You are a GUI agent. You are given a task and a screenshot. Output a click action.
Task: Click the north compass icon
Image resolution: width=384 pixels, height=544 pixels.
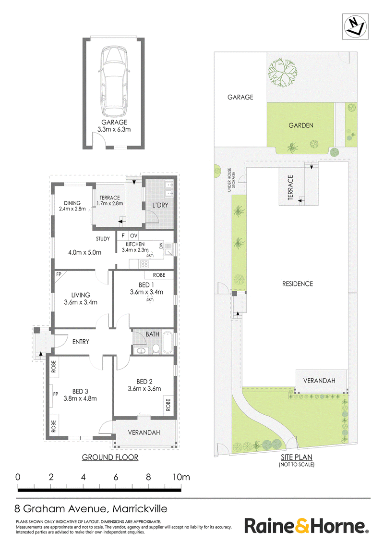[355, 27]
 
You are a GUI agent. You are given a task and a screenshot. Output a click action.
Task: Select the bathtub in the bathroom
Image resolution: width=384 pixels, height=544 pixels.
[168, 343]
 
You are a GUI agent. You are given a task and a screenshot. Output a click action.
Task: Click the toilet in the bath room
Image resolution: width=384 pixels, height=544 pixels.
[156, 349]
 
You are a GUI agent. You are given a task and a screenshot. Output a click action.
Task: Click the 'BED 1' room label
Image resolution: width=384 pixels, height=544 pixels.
[146, 285]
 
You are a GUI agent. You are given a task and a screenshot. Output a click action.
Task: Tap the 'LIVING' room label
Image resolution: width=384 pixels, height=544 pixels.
[81, 295]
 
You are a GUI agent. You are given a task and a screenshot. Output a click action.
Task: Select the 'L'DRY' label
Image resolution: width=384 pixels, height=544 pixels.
[160, 205]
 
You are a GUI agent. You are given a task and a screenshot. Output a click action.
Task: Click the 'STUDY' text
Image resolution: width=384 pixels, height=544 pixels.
[103, 239]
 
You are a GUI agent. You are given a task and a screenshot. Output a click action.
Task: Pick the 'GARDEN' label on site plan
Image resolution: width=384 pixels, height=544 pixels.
[301, 125]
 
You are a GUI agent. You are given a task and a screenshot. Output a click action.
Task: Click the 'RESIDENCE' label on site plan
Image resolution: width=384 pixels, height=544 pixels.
[297, 284]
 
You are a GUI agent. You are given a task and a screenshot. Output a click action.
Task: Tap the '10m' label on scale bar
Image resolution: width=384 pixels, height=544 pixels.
[181, 477]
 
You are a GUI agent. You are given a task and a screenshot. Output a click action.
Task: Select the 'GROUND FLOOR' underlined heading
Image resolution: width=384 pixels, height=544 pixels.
[110, 457]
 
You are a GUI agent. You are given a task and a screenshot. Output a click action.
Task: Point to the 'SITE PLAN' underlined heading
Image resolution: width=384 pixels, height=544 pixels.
[297, 457]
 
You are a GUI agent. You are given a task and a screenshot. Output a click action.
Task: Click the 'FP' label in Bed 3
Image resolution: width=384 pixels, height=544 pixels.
[56, 394]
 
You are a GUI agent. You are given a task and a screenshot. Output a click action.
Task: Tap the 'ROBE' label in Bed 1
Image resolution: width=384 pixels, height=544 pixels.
[159, 275]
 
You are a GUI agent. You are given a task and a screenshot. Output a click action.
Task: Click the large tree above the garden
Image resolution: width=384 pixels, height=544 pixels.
[283, 73]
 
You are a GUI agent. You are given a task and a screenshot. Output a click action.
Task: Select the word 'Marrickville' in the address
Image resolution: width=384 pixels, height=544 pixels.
[140, 508]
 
